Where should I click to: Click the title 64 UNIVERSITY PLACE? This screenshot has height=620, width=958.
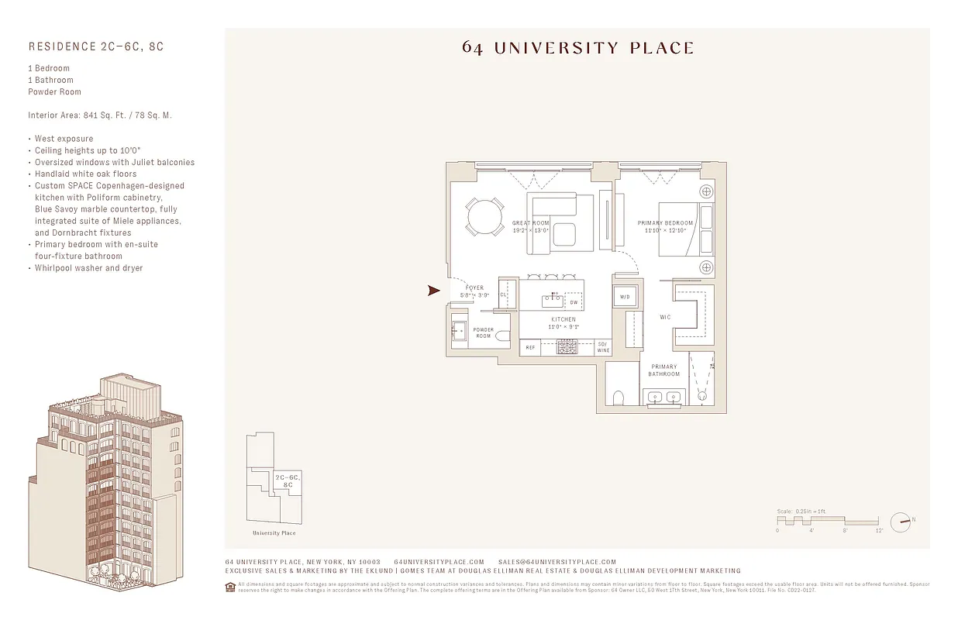[x=577, y=48]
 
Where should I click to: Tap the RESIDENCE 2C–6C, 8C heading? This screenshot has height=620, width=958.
[x=95, y=46]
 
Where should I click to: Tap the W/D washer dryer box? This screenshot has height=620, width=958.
[x=625, y=297]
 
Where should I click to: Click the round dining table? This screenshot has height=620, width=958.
[x=484, y=216]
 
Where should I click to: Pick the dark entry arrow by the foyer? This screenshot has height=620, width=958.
[x=434, y=291]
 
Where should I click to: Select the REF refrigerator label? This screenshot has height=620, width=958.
[x=530, y=348]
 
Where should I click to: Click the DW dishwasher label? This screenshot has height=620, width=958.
[x=574, y=302]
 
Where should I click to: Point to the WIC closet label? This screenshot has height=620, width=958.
[x=664, y=317]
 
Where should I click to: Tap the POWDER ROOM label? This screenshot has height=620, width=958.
[x=484, y=332]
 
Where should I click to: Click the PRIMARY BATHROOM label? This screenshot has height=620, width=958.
[x=664, y=370]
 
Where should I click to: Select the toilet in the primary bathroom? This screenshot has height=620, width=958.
[x=619, y=398]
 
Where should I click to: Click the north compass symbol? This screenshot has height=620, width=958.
[x=900, y=522]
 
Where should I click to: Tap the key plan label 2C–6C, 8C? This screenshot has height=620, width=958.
[x=288, y=480]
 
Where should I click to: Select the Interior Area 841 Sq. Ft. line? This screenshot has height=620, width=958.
[x=99, y=115]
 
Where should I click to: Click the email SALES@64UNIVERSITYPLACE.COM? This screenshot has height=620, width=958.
[x=557, y=562]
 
